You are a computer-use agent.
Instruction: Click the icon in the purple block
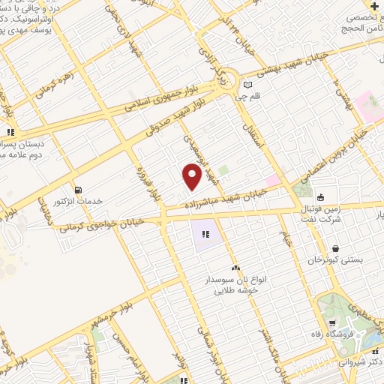(205, 235)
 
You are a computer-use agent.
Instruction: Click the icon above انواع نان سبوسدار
(235, 268)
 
